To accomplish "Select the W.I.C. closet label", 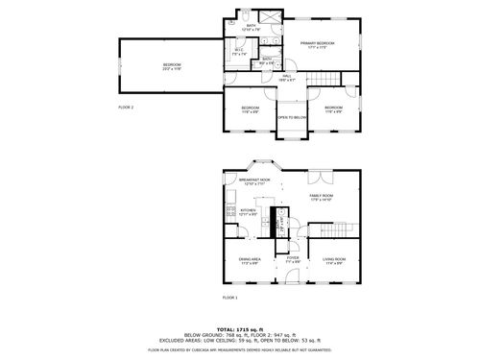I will click(x=240, y=53).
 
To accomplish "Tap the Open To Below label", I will click(x=292, y=117).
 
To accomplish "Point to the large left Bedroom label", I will click(x=172, y=66).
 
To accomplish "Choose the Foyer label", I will click(x=293, y=260).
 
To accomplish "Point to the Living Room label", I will click(x=334, y=260).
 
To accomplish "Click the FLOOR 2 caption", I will click(x=126, y=108).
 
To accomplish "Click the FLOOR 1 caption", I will click(x=229, y=298).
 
